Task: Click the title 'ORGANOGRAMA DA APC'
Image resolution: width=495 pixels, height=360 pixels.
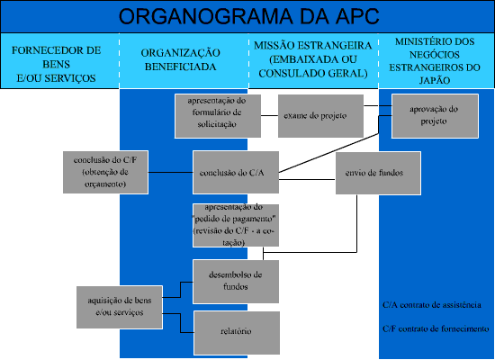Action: (248, 16)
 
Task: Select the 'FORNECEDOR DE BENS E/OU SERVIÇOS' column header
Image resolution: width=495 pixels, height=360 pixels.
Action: (56, 64)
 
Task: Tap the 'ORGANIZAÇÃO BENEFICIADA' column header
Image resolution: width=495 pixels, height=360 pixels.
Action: (181, 59)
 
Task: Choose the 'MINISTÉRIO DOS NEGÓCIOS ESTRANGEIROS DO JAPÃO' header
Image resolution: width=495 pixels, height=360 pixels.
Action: (435, 61)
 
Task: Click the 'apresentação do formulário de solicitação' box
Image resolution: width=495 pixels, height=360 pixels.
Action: (218, 116)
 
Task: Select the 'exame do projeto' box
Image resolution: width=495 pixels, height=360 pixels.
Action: (320, 116)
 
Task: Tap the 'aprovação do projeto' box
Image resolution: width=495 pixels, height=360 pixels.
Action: (435, 116)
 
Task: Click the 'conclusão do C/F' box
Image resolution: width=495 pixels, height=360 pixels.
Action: (105, 172)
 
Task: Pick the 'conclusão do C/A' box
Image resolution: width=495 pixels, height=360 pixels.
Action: (236, 173)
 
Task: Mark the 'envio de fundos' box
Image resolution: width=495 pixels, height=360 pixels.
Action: (378, 173)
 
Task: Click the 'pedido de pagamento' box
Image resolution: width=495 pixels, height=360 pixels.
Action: (236, 225)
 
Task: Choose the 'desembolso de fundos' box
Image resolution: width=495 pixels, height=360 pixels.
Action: (236, 282)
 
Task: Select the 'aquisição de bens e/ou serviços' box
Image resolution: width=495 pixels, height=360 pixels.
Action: (120, 307)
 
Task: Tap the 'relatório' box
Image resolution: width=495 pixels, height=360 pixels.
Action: (237, 333)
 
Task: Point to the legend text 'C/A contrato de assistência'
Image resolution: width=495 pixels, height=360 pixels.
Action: (432, 305)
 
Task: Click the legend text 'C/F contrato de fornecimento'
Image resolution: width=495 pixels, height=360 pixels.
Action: (436, 329)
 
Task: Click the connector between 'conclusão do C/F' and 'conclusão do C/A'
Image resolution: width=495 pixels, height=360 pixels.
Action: (170, 172)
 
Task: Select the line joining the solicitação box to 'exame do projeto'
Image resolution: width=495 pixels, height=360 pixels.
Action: (269, 115)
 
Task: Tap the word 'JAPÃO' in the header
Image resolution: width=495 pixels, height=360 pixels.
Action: (435, 80)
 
